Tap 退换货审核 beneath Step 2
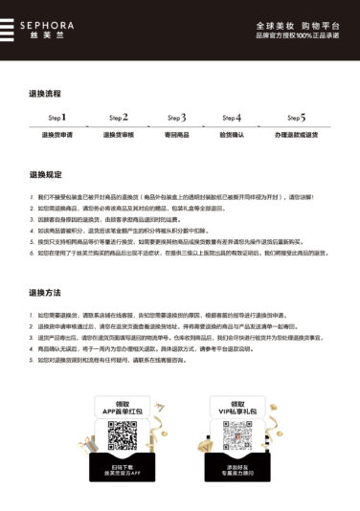(x=118, y=135)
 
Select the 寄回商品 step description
(x=178, y=135)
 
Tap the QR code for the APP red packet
(x=123, y=434)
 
